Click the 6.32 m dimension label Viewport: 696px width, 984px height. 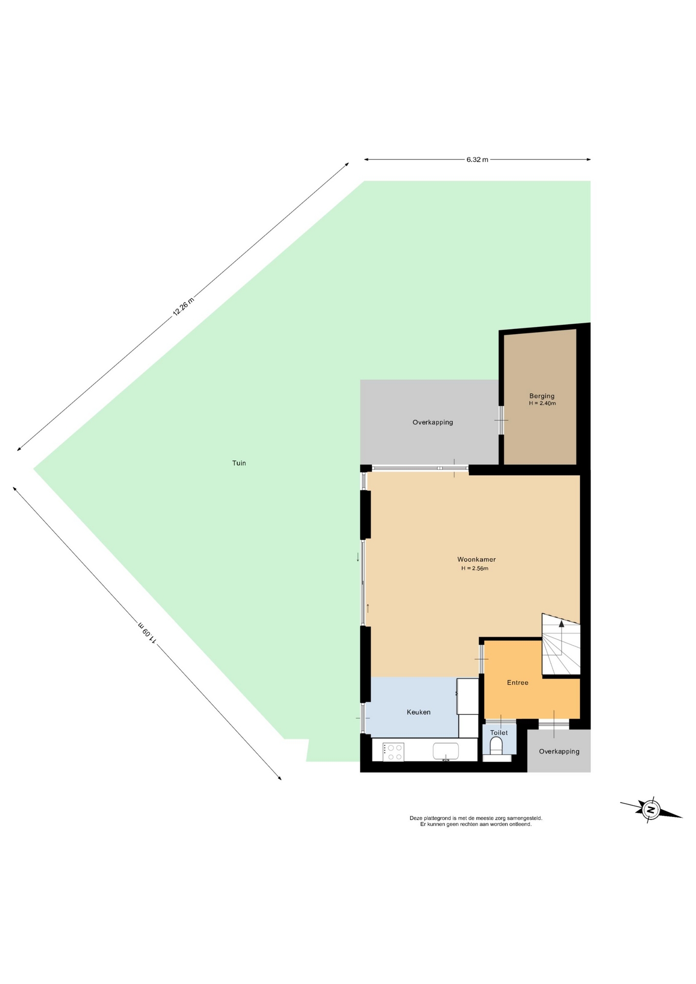point(477,159)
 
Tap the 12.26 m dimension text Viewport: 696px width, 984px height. point(183,306)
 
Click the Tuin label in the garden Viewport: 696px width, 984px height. point(239,463)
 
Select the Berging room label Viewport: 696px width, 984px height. point(542,396)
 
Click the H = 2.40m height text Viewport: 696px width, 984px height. point(542,403)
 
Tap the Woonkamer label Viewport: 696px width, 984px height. point(476,559)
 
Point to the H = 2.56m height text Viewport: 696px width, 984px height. point(475,568)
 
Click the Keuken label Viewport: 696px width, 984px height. point(418,712)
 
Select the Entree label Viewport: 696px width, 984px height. point(517,682)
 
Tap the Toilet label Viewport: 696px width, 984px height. point(499,732)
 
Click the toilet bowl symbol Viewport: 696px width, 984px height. point(496,746)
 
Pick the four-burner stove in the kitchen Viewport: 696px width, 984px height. point(393,752)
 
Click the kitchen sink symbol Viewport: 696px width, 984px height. point(445,751)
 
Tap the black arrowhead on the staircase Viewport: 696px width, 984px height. point(561,624)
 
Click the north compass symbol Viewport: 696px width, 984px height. point(651,810)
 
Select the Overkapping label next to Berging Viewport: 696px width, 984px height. point(433,422)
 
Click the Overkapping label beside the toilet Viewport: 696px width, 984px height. point(559,751)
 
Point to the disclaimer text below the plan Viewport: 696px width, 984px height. point(476,821)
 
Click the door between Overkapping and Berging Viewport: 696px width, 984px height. point(501,420)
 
